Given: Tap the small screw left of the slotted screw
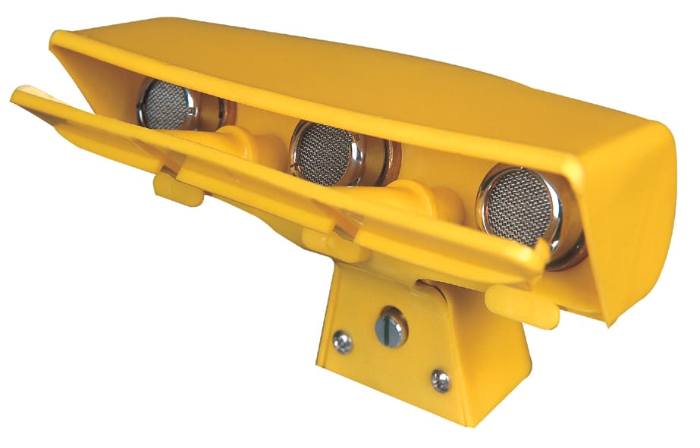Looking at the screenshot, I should [343, 343].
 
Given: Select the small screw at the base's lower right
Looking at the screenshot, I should [440, 381].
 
